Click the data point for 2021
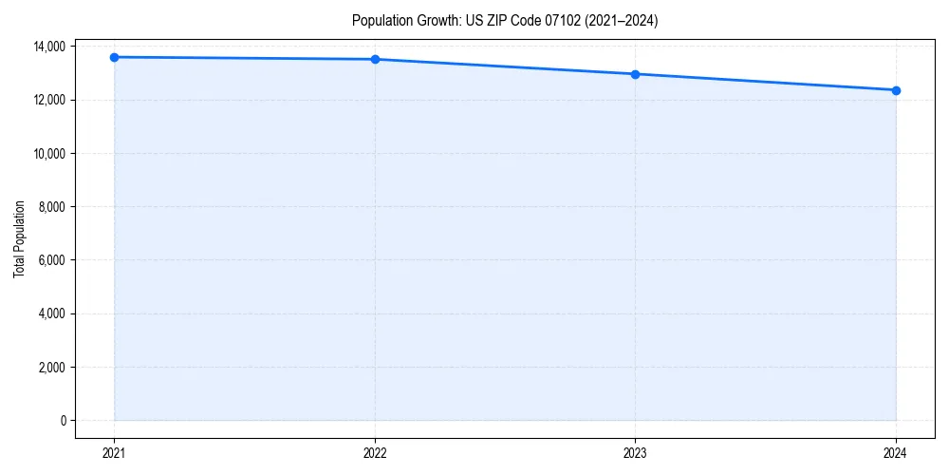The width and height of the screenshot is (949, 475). (114, 57)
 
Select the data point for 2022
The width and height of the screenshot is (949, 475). (375, 59)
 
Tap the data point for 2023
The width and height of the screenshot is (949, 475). (635, 74)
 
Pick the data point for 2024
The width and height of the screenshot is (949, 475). (896, 90)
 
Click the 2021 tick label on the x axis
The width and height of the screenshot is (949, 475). (114, 452)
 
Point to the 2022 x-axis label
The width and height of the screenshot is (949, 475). (375, 452)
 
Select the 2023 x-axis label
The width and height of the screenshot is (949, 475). (635, 452)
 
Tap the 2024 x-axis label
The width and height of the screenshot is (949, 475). (896, 452)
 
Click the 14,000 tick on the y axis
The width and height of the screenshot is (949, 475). (49, 47)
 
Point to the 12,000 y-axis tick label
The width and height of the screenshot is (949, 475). (49, 100)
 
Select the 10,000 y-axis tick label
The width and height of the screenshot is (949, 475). (49, 153)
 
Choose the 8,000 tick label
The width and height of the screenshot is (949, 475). (51, 207)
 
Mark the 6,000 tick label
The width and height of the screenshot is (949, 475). (51, 260)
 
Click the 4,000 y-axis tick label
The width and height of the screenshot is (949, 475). (51, 313)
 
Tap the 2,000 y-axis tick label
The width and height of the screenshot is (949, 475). (51, 367)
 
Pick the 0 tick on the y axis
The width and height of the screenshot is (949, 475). (63, 421)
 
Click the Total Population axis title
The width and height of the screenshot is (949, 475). (19, 238)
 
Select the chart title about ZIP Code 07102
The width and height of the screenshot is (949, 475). (504, 20)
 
